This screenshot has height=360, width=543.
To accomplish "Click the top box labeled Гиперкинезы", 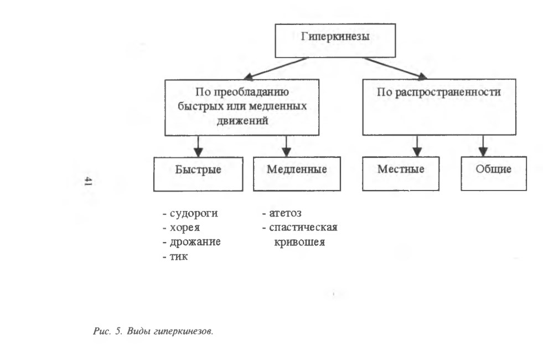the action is click(x=335, y=40).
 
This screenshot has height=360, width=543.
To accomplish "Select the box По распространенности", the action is click(x=439, y=107).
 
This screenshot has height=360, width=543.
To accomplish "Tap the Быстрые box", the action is click(x=198, y=174).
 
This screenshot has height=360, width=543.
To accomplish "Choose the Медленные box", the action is click(x=297, y=173).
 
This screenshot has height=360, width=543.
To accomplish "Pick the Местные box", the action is click(x=401, y=173).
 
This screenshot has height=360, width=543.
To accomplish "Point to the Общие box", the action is click(x=494, y=173).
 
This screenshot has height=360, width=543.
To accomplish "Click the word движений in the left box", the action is click(x=242, y=121).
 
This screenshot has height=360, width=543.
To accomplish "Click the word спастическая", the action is click(x=303, y=227).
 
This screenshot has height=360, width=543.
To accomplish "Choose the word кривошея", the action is click(x=299, y=242).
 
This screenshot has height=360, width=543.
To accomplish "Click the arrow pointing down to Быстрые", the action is click(x=198, y=146).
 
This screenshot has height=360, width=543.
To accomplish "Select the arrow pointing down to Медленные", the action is click(x=286, y=146).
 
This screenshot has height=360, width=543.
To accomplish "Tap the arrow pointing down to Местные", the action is click(x=417, y=146).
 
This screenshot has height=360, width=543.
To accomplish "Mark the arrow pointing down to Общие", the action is click(x=483, y=146).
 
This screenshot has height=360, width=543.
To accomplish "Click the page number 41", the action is click(x=88, y=181).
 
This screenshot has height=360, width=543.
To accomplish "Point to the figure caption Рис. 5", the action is click(x=108, y=331).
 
